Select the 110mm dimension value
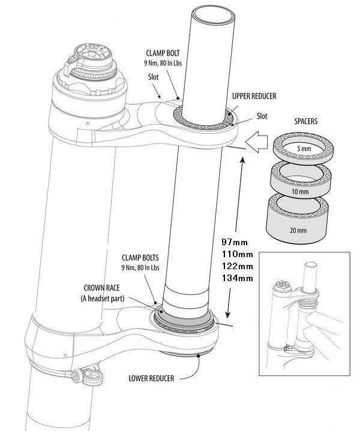pyautogui.click(x=237, y=254)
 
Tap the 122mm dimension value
pyautogui.click(x=237, y=266)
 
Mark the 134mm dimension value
pyautogui.click(x=237, y=278)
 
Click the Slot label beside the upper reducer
pyautogui.click(x=262, y=115)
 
